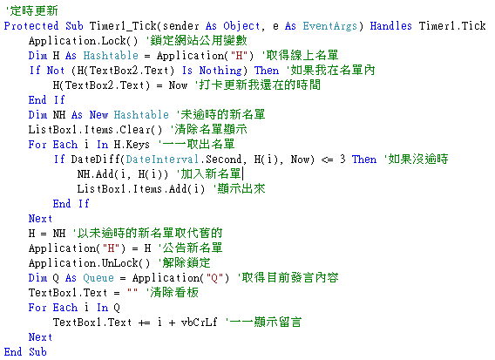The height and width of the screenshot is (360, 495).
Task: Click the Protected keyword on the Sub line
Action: pos(31,26)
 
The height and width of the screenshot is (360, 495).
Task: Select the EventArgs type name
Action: pos(330,26)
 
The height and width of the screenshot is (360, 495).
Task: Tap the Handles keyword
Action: pos(390,26)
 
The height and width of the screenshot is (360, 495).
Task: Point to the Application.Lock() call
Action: pos(84,41)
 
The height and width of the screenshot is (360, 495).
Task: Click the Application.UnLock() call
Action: pos(90,263)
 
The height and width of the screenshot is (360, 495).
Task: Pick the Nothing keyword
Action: pos(220,71)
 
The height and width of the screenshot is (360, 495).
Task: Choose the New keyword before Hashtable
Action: pos(98,115)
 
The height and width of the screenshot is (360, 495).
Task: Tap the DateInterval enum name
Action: pos(162,160)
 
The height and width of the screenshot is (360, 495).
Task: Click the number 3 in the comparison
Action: pos(342,160)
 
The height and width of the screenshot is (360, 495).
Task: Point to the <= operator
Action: pos(327,160)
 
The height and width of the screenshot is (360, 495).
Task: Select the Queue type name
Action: pos(98,278)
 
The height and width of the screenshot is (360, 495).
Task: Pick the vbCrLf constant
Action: pos(199,323)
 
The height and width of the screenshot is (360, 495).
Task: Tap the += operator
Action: pos(145,323)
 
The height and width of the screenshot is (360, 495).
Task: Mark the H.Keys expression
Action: pos(132,145)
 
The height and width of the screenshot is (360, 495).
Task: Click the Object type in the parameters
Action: pos(241,26)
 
